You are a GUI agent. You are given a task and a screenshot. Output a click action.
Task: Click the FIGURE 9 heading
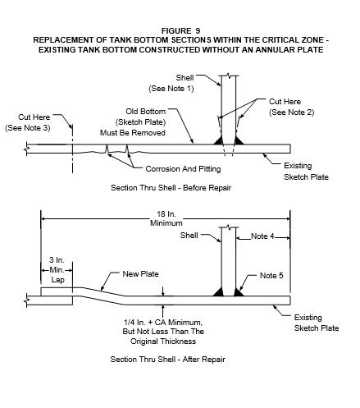180,30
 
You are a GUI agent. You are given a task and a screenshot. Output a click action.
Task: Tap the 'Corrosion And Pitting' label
183,169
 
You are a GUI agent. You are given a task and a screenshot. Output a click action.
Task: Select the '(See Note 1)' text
171,89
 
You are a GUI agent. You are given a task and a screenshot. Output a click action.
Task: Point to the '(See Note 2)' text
292,112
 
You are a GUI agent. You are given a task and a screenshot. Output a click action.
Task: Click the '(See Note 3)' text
28,128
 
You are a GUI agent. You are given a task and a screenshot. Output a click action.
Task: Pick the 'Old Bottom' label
146,112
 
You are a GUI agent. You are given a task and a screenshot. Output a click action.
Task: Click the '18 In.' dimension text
166,214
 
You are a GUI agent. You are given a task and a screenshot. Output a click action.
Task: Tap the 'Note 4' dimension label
262,236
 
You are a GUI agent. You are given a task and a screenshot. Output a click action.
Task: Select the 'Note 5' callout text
271,276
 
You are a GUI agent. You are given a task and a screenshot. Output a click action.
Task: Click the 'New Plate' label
140,274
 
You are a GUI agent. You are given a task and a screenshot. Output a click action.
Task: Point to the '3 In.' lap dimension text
57,260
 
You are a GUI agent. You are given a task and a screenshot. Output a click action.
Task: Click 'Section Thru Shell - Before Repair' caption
171,188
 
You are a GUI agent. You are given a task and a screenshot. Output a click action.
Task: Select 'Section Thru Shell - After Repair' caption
167,360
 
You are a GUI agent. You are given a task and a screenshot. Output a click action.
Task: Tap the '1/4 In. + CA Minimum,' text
163,323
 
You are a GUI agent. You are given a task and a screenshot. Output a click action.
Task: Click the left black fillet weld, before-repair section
219,140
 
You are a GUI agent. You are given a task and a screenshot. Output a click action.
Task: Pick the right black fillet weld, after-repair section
239,292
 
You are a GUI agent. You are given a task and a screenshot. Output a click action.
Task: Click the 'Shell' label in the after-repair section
189,236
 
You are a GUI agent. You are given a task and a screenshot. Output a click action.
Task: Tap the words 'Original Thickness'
163,342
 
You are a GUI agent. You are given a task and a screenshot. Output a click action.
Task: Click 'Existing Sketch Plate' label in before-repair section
306,172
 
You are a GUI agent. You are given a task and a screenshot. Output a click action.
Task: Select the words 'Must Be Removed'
133,133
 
